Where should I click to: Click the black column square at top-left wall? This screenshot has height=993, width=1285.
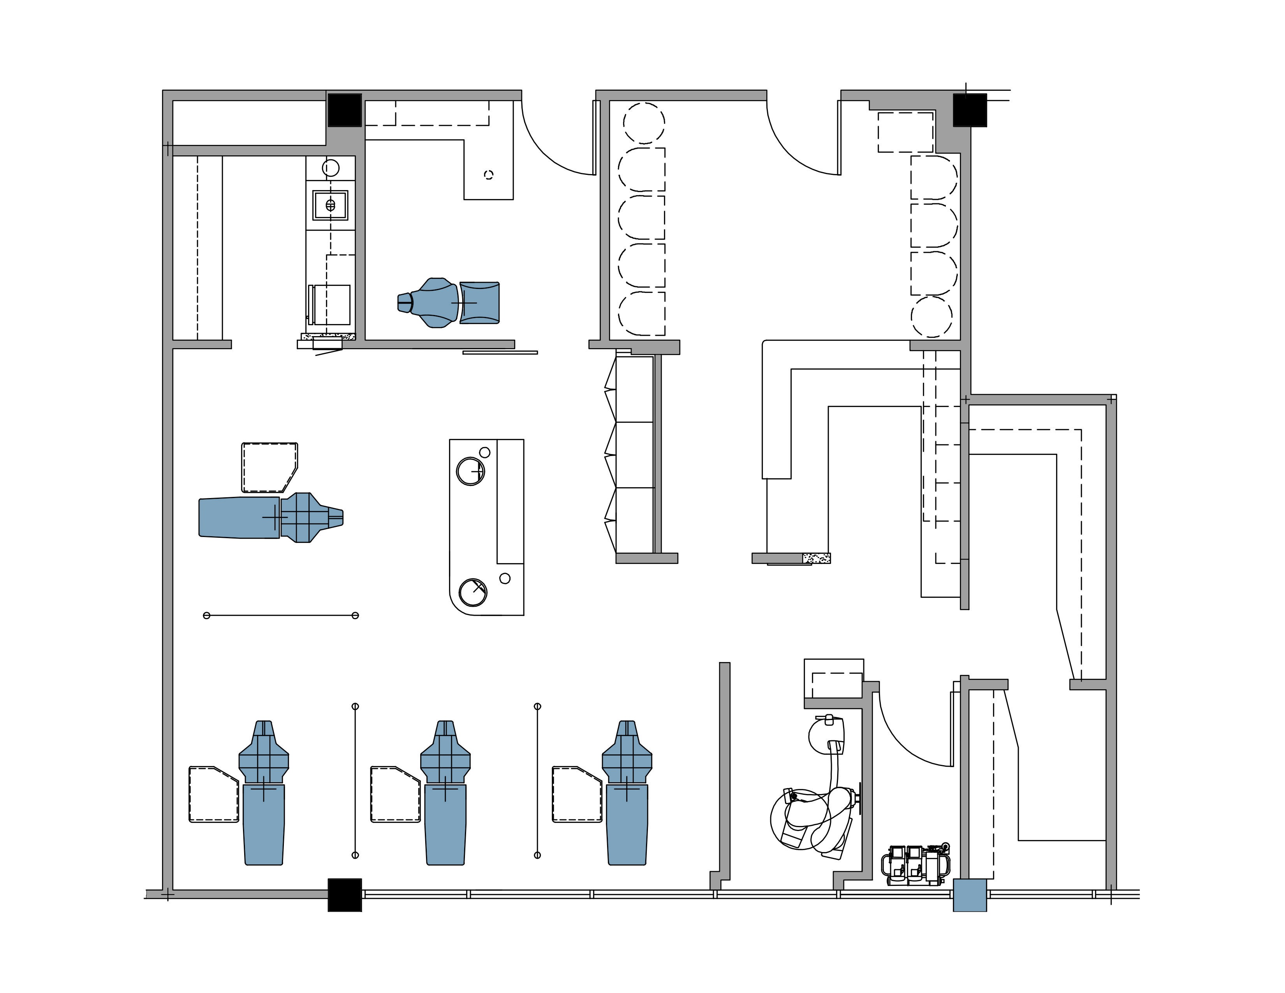(x=344, y=110)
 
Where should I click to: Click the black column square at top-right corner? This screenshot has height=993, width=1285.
(x=969, y=110)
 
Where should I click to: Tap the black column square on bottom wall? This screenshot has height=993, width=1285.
(x=344, y=895)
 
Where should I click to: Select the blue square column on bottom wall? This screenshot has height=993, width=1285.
(x=969, y=895)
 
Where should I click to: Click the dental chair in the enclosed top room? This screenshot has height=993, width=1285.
(x=450, y=302)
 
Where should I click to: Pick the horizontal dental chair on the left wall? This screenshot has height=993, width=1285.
(x=271, y=517)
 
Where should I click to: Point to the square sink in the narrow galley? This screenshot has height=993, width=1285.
(x=330, y=205)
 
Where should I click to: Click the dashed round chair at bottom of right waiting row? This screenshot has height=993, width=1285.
(x=931, y=317)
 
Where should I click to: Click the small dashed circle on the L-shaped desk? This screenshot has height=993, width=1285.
(x=488, y=175)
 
